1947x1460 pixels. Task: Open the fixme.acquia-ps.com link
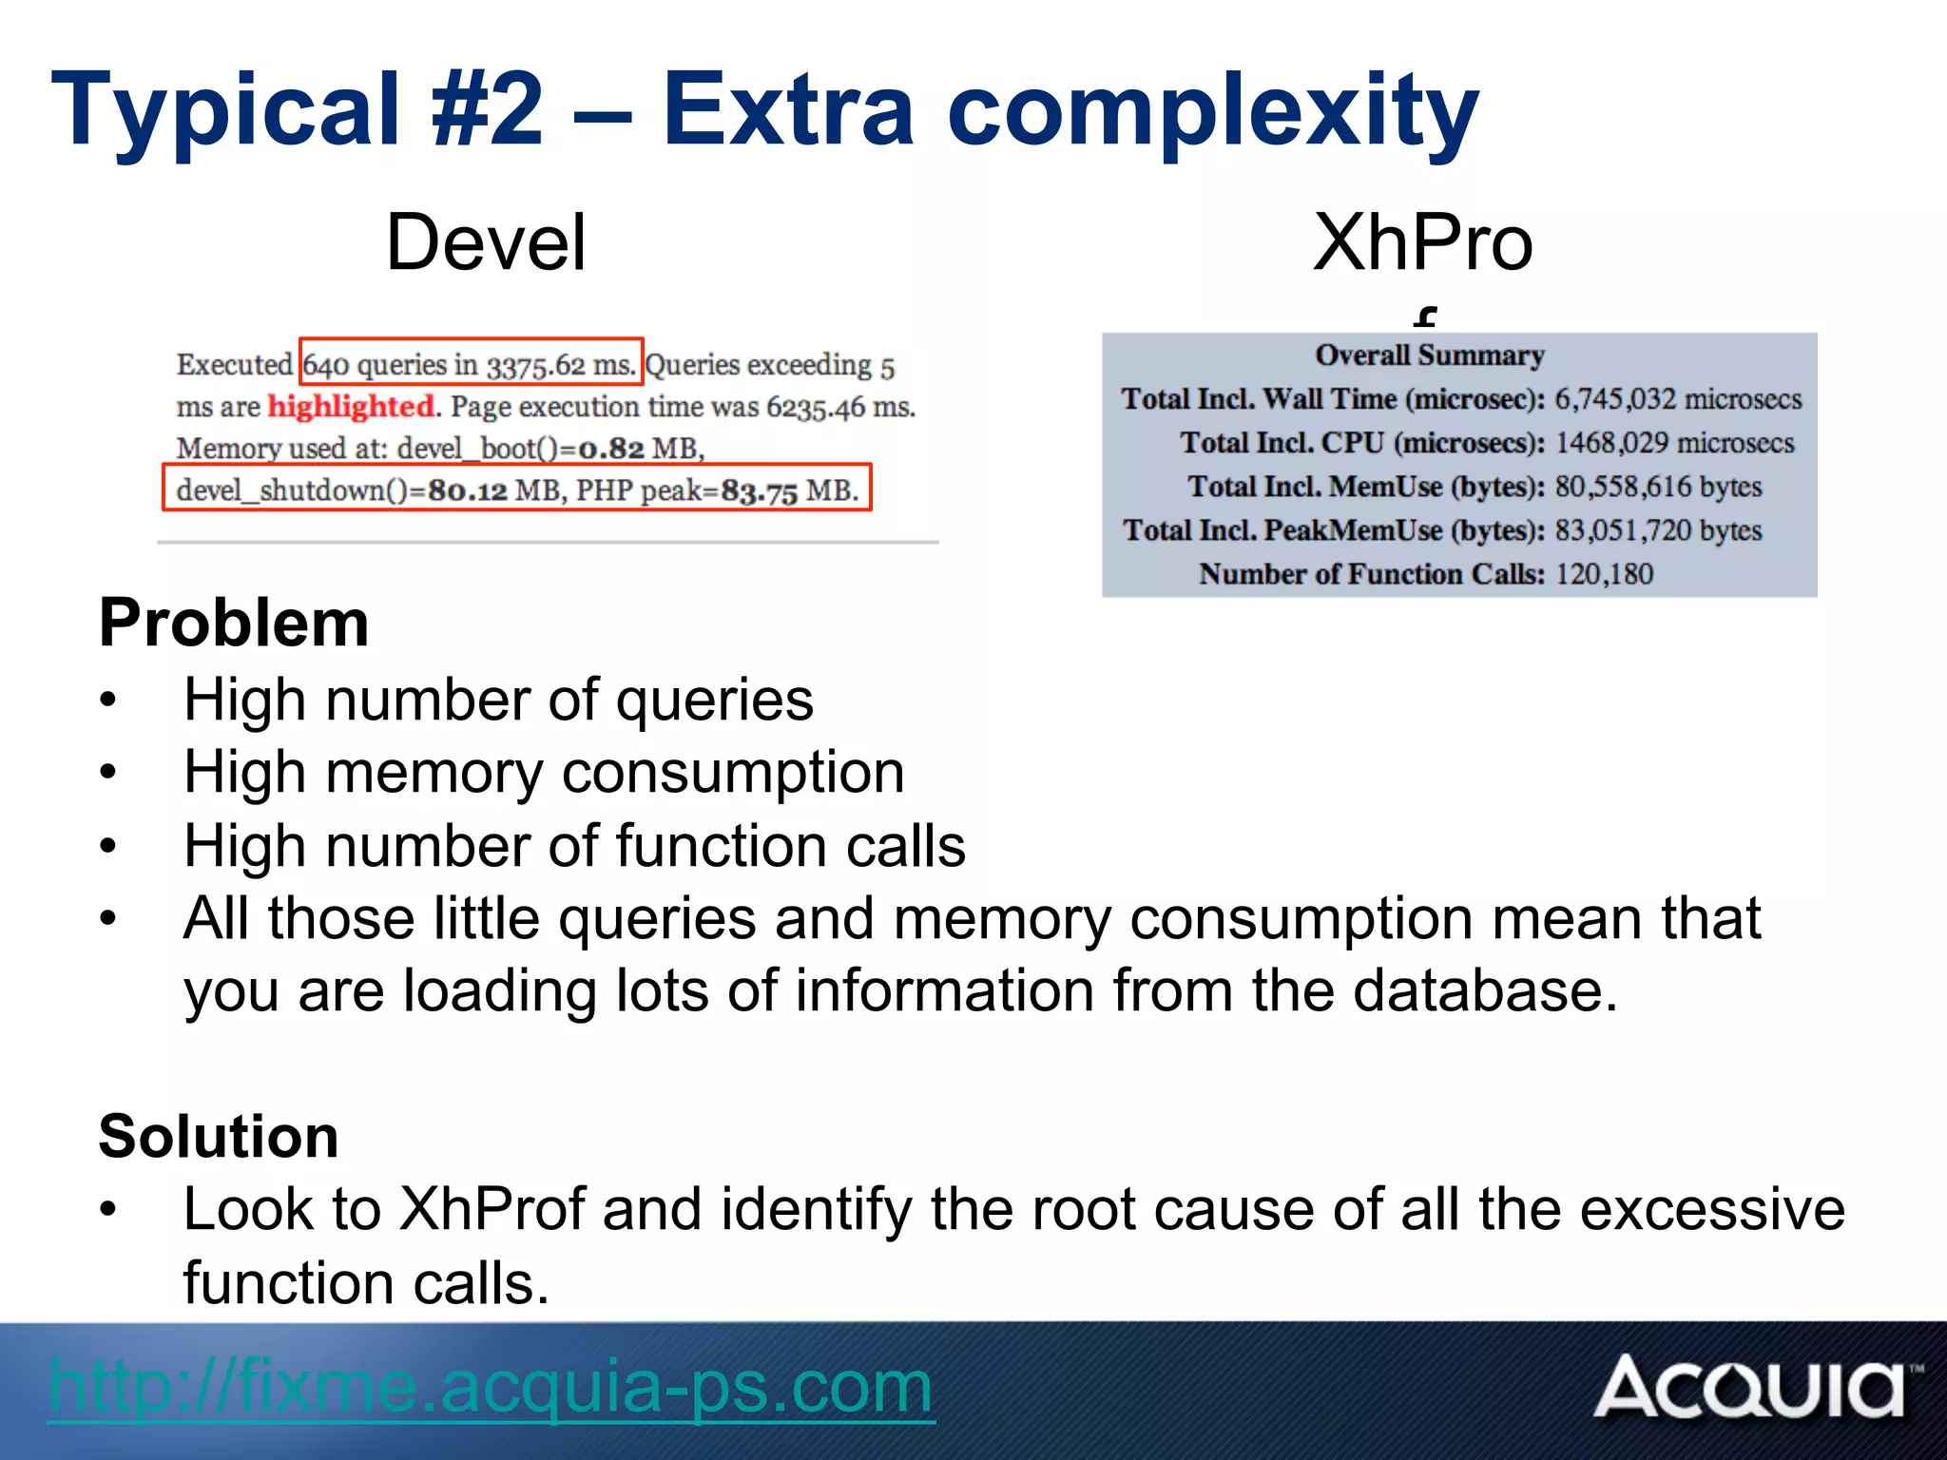click(491, 1387)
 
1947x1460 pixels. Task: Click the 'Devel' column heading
click(486, 243)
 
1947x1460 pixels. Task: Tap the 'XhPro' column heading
click(1422, 243)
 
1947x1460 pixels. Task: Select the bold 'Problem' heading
click(234, 624)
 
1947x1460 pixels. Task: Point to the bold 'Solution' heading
click(219, 1136)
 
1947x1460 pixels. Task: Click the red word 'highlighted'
click(351, 407)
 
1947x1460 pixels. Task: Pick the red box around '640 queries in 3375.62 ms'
click(471, 362)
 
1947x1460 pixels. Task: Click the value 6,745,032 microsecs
click(1678, 399)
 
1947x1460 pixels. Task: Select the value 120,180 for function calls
click(1604, 574)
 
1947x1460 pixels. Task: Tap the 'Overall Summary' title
click(1429, 355)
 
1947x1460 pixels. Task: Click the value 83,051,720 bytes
click(1658, 530)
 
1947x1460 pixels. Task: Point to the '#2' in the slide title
click(488, 110)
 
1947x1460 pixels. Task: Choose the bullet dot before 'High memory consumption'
click(108, 772)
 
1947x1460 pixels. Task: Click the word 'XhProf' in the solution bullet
click(492, 1209)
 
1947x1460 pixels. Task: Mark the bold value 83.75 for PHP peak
click(759, 491)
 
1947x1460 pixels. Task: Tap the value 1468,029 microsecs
click(1674, 443)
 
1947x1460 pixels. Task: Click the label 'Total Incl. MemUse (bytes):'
click(1365, 487)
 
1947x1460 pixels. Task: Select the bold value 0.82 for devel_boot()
click(611, 449)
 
